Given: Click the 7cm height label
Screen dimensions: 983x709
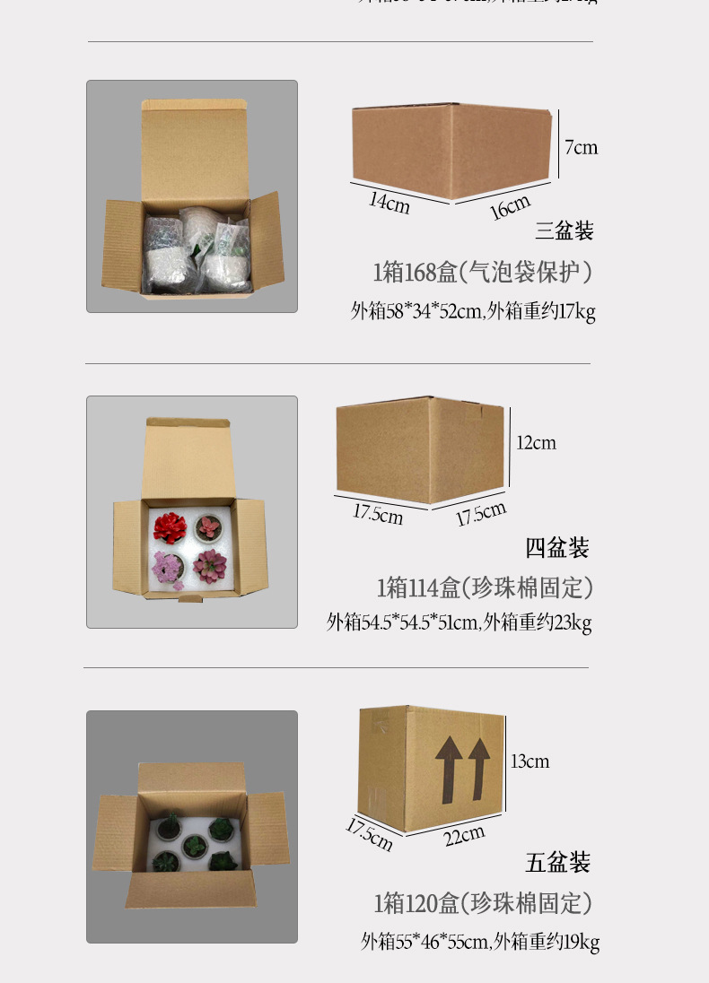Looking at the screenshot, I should (582, 147).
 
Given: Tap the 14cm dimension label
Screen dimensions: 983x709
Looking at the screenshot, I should (390, 203).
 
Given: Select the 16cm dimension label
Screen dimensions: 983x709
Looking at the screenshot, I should (510, 207).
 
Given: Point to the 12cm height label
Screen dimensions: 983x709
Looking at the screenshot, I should (536, 442).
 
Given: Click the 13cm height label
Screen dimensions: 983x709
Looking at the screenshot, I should (530, 761).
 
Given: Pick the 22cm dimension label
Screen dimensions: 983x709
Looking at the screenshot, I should (464, 835).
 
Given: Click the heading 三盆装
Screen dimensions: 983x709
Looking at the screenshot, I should (565, 231).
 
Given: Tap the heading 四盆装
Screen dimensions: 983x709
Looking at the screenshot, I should (557, 547).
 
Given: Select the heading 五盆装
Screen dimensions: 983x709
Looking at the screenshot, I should (558, 863).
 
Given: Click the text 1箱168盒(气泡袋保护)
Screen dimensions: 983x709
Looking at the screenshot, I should (483, 272).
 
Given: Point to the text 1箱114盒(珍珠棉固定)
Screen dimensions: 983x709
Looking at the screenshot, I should (485, 588).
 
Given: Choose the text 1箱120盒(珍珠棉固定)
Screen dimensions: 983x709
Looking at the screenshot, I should (483, 903).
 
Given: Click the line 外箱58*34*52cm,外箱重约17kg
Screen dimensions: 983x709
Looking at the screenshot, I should (473, 311).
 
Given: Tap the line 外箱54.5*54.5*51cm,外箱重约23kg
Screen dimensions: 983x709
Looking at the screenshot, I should (459, 622).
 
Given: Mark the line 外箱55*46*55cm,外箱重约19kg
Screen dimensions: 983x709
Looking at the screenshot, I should (480, 941).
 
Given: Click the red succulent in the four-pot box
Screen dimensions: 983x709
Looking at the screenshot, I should (170, 526).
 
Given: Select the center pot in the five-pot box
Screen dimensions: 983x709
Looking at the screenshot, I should (193, 845).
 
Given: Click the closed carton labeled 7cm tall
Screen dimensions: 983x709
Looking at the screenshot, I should (451, 150).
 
